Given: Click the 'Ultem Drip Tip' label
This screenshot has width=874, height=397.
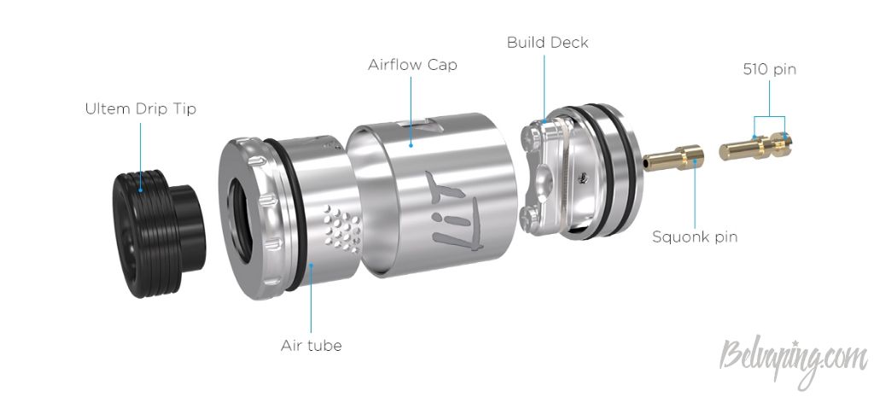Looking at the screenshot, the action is pyautogui.click(x=141, y=108).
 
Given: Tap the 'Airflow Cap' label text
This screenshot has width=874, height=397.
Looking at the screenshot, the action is pyautogui.click(x=412, y=65).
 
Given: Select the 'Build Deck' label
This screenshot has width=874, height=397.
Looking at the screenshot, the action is pyautogui.click(x=547, y=43).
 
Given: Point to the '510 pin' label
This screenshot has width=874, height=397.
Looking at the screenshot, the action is pyautogui.click(x=770, y=70).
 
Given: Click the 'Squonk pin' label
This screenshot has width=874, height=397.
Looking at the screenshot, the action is pyautogui.click(x=695, y=237).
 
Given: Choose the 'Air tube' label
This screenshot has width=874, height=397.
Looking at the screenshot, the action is pyautogui.click(x=311, y=346).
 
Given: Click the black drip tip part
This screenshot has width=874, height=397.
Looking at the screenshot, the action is pyautogui.click(x=159, y=233).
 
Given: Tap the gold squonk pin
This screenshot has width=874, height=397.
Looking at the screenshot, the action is pyautogui.click(x=673, y=157).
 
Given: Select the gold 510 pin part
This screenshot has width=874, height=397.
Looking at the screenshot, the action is pyautogui.click(x=755, y=145).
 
